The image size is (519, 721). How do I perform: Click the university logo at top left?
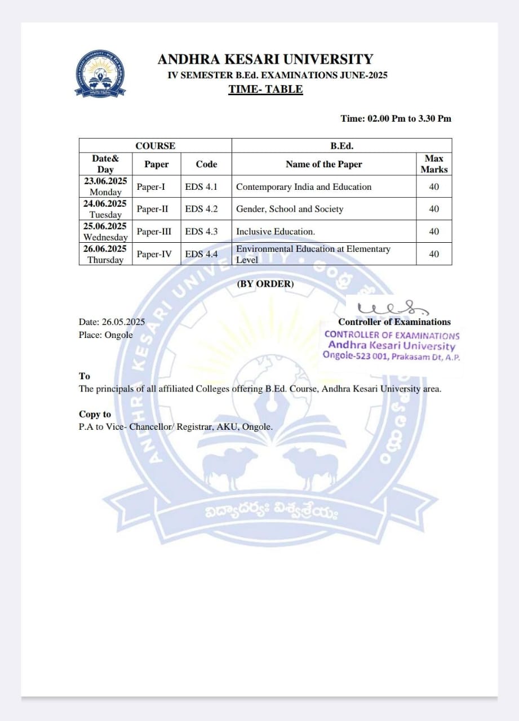[x=101, y=74]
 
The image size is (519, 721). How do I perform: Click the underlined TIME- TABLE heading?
[x=265, y=89]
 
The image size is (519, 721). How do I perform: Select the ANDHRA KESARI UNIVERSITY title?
[x=265, y=59]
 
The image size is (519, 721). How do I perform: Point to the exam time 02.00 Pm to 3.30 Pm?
[x=396, y=118]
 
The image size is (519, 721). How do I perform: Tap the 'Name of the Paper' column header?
[x=323, y=164]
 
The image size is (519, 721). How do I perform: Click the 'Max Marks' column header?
[x=434, y=164]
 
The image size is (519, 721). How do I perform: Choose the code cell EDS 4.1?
[x=201, y=186]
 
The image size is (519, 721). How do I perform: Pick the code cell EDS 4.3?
[x=201, y=232]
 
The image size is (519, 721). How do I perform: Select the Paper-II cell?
[x=152, y=209]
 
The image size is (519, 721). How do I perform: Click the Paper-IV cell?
[x=154, y=254]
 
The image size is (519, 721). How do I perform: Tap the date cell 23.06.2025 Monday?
[x=105, y=186]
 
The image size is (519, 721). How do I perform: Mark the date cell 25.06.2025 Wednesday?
[x=105, y=232]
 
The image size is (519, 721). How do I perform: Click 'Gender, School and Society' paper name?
[x=290, y=209]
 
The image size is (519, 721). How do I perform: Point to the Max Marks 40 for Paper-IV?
[x=434, y=254]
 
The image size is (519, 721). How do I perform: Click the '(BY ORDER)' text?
[x=265, y=284]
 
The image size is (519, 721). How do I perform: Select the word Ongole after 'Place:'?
[x=119, y=335]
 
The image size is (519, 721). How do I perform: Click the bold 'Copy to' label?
[x=95, y=415]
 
